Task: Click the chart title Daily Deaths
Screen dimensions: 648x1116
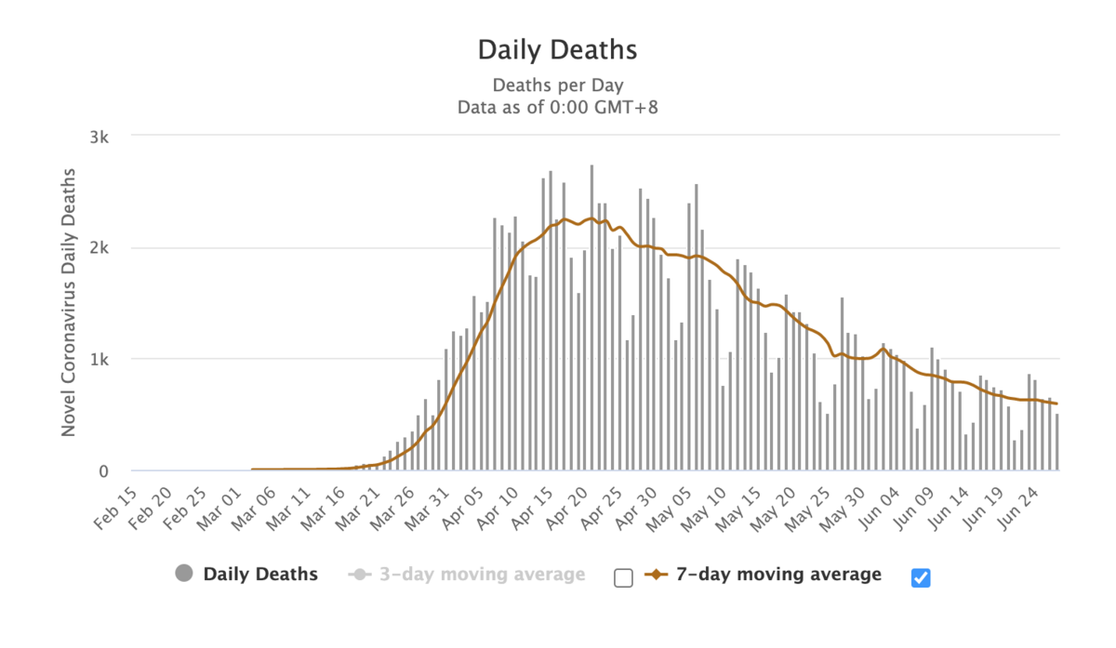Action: pyautogui.click(x=557, y=49)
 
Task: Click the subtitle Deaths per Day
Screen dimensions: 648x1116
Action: pyautogui.click(x=557, y=86)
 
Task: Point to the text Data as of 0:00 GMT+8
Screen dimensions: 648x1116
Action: pyautogui.click(x=557, y=107)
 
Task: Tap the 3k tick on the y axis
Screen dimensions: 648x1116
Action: pyautogui.click(x=100, y=138)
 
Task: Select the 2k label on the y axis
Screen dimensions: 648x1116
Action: pyautogui.click(x=100, y=248)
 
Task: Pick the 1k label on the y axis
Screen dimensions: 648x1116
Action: pyautogui.click(x=100, y=360)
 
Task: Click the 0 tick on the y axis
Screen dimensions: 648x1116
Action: pyautogui.click(x=104, y=471)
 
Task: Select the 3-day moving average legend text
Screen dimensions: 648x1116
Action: pyautogui.click(x=482, y=575)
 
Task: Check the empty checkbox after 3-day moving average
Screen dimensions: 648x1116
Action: pyautogui.click(x=623, y=577)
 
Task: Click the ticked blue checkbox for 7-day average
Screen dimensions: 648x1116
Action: pyautogui.click(x=921, y=577)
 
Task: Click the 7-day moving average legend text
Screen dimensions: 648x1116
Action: pyautogui.click(x=778, y=575)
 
